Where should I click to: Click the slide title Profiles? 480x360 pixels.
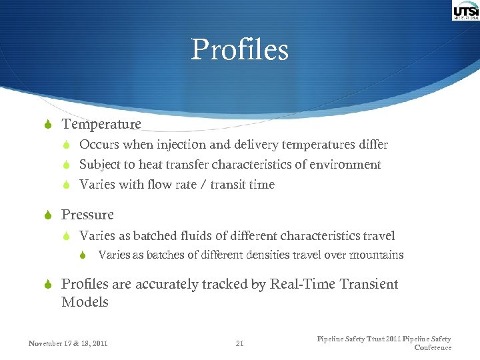click(240, 50)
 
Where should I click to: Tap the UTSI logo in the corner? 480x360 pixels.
click(465, 11)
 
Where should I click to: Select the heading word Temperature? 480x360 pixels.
click(101, 124)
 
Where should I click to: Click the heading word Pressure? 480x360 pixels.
click(87, 215)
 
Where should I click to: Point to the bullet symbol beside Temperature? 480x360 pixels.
click(49, 125)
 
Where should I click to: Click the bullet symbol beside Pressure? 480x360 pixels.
click(49, 215)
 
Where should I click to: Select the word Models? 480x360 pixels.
click(85, 302)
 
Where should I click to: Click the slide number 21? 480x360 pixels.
click(240, 344)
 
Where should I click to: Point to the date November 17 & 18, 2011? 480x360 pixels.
click(67, 344)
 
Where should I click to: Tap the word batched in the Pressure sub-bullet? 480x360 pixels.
click(154, 236)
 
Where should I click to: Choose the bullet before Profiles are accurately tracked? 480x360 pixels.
click(49, 285)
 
